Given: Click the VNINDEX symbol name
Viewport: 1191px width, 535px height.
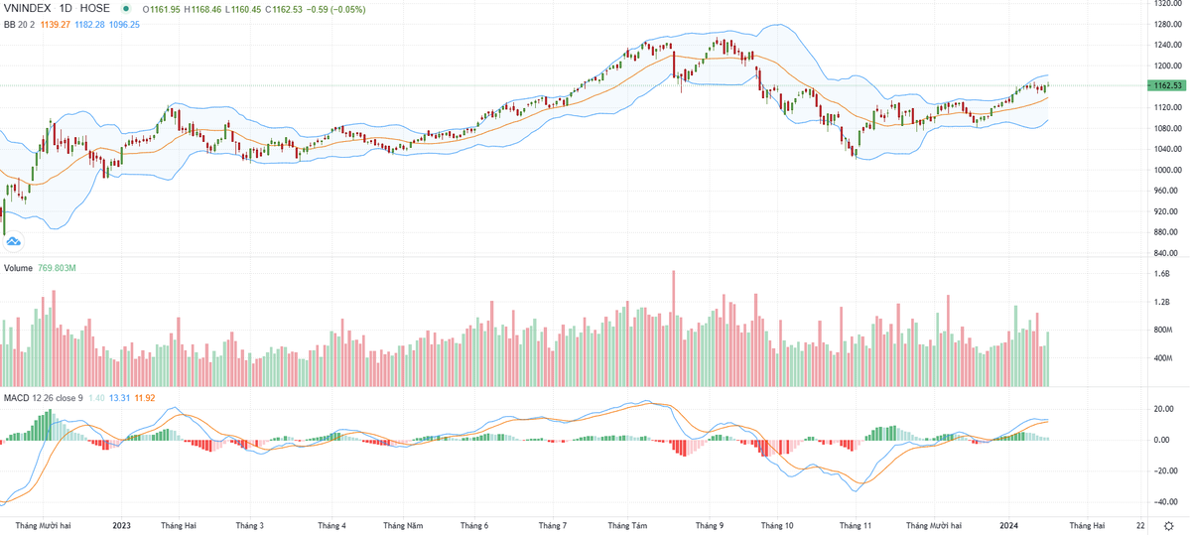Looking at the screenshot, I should point(27,9).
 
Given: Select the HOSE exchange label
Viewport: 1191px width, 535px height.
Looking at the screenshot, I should point(95,9).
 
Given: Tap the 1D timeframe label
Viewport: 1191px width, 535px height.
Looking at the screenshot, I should point(68,9).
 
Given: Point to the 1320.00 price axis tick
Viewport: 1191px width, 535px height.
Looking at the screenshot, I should point(1165,3).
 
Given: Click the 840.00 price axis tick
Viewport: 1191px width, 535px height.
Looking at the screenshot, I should point(1165,253).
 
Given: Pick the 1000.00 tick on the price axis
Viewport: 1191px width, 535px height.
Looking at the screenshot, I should point(1165,170).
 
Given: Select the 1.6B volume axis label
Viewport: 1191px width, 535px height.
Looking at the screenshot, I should point(1162,274).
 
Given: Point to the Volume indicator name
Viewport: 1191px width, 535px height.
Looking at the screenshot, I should point(18,268).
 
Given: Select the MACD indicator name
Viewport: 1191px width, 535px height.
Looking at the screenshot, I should point(16,398).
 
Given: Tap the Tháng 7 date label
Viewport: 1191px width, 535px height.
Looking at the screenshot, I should point(551,524).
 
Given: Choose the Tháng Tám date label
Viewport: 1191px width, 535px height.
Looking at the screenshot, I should point(627,524).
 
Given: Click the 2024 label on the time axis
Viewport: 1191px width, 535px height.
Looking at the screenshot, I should point(1009,524).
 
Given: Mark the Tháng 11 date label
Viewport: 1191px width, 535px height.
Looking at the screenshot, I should point(855,524).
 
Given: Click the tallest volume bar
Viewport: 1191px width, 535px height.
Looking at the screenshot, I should point(673,329).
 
